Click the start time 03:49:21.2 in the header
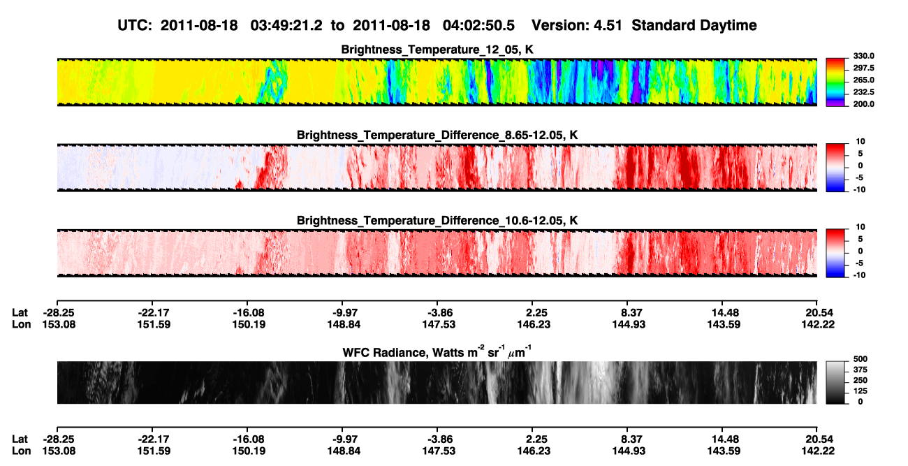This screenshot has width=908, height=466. [x=286, y=26]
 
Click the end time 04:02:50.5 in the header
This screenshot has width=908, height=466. [x=478, y=26]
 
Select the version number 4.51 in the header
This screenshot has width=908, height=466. [x=608, y=26]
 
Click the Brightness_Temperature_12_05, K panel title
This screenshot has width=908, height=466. [x=437, y=50]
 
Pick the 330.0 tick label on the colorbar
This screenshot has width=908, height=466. [x=863, y=56]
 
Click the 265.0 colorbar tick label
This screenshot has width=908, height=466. [x=863, y=80]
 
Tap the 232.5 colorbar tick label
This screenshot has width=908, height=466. [x=863, y=92]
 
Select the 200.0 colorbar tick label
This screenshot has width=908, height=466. [x=863, y=104]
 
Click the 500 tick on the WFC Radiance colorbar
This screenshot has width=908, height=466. [x=861, y=359]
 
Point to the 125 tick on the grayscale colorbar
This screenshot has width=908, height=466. [x=861, y=391]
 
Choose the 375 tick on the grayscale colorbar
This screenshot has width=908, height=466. [x=861, y=370]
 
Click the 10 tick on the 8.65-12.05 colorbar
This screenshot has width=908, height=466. [x=861, y=142]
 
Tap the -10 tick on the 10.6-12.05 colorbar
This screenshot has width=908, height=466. [x=859, y=275]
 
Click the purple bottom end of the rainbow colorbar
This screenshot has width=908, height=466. [x=835, y=104]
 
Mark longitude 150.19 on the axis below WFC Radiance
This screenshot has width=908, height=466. [x=249, y=451]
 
